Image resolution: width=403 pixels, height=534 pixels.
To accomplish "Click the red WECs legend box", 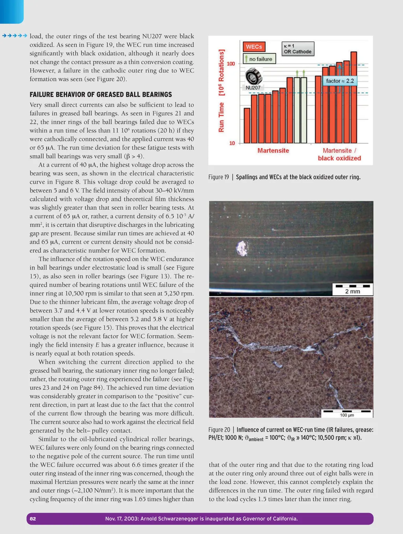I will (x=254, y=47).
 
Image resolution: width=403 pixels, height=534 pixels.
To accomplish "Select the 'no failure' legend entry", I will (x=260, y=59).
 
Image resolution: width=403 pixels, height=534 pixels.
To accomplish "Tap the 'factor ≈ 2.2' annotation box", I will (x=340, y=81).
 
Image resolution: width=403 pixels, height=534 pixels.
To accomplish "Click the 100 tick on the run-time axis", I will (x=231, y=64).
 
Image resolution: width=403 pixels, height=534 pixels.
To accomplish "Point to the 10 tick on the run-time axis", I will (x=232, y=143).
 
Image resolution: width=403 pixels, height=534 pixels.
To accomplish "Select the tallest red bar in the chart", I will (x=354, y=97).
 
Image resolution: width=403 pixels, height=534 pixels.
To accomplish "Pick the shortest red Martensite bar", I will (x=247, y=125).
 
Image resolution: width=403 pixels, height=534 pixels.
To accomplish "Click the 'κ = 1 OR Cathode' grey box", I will (x=298, y=49).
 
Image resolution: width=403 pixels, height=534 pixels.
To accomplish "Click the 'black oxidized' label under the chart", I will (x=339, y=158).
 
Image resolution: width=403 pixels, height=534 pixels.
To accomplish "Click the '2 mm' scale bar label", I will (x=353, y=291).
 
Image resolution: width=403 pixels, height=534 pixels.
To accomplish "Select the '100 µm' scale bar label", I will (x=347, y=415).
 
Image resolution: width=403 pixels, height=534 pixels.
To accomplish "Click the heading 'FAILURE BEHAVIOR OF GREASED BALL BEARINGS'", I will (x=101, y=95).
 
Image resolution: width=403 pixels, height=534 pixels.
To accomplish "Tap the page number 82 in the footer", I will (x=33, y=519).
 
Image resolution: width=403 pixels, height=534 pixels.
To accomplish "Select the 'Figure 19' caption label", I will (x=218, y=177).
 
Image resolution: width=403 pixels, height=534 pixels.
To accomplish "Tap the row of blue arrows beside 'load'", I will (x=15, y=36).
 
